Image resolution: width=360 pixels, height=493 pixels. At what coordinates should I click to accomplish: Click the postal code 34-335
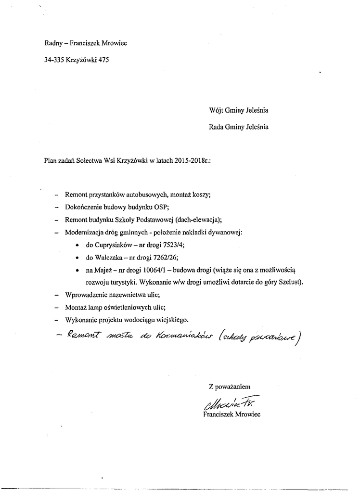54,61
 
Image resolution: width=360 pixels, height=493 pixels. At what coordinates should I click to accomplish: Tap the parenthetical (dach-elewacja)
198,220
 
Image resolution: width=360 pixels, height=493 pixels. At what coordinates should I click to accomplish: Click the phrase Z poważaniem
230,386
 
